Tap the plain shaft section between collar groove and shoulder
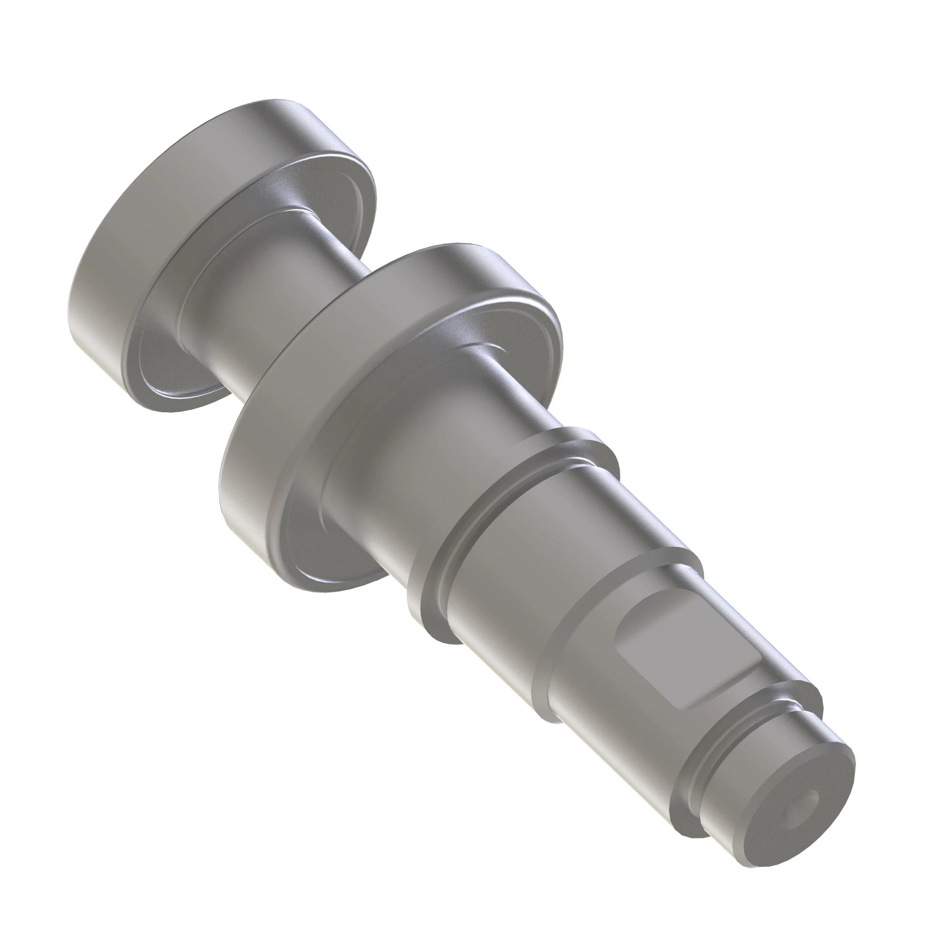(x=506, y=605)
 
